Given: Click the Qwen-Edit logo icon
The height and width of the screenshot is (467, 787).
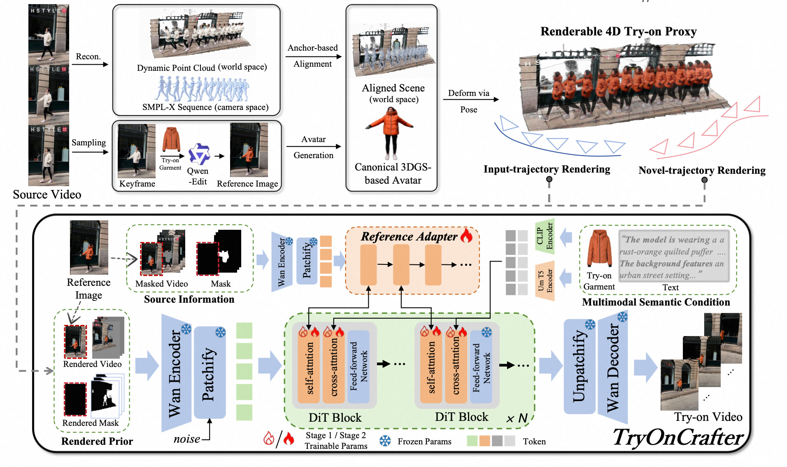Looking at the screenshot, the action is click(x=199, y=154).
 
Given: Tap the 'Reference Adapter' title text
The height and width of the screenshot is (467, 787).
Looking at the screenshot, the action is click(x=409, y=236).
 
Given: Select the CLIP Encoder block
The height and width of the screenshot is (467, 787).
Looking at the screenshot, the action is click(x=545, y=236).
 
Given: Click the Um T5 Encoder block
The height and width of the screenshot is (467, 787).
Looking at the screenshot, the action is click(x=545, y=281).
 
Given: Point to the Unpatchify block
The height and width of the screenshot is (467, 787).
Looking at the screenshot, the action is click(x=579, y=366).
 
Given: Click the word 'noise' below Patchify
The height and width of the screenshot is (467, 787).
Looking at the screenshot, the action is click(x=187, y=439).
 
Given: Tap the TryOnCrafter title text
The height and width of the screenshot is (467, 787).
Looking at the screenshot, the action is click(x=678, y=437).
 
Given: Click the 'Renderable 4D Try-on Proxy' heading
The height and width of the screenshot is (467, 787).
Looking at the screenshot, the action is click(x=618, y=31).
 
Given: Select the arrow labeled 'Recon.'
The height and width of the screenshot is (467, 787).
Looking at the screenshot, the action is click(x=90, y=64).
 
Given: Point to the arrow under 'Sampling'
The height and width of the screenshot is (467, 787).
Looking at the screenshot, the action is click(x=90, y=152).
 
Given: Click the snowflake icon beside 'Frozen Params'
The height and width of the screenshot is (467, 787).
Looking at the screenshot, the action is click(x=385, y=441).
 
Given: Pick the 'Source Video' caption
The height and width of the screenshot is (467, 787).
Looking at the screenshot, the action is click(x=47, y=194).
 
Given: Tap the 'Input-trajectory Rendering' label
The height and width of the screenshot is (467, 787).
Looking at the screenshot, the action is click(x=547, y=169).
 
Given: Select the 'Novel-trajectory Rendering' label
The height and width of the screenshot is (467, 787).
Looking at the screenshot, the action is click(x=702, y=170).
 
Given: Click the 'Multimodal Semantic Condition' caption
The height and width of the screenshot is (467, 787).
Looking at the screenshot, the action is click(x=656, y=302).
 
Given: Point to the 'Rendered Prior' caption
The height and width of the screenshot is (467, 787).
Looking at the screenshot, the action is click(x=97, y=441).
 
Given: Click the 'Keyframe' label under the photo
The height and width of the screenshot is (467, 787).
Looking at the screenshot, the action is click(x=137, y=184).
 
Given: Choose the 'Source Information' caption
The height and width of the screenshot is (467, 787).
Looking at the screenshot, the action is click(x=189, y=299).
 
